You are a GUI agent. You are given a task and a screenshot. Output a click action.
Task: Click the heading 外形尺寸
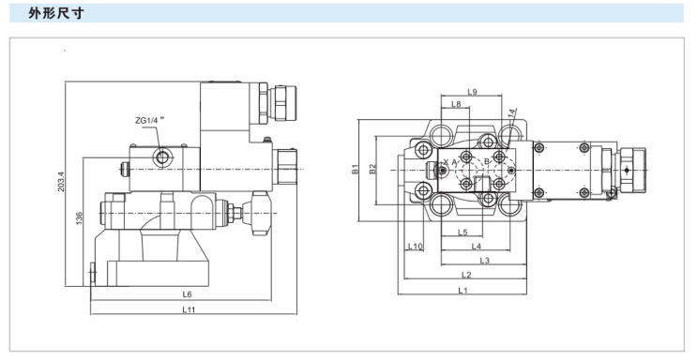[56, 13]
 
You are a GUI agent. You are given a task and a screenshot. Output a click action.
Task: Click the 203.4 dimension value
[61, 182]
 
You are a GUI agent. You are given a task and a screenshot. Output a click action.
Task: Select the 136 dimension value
[79, 218]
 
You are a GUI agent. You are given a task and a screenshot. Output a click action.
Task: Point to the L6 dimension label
[187, 294]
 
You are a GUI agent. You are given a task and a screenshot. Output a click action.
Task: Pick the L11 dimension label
[189, 309]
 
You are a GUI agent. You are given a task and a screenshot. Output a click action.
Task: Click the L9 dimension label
[472, 92]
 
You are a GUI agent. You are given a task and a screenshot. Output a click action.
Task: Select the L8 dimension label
[456, 104]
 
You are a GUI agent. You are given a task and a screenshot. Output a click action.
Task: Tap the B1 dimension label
[356, 169]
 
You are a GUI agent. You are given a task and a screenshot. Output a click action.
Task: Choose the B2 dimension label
[372, 169]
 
